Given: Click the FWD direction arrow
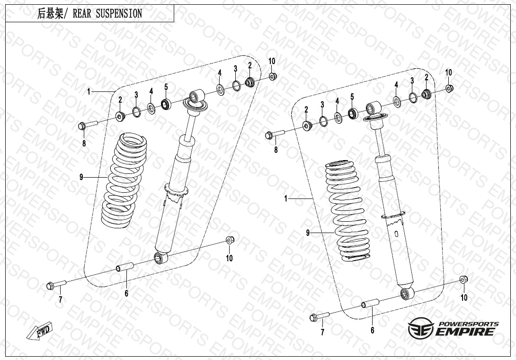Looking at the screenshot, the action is pos(39,330).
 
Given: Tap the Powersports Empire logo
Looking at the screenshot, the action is pos(453,328).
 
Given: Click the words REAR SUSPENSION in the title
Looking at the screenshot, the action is pos(107,14).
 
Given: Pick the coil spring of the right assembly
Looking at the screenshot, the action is pos(347,210).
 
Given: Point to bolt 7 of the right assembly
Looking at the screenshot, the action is pos(320,316).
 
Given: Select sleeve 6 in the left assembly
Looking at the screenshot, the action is pos(125,267).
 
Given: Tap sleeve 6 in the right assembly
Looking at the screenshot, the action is pos(371,303).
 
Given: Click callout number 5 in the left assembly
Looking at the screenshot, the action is pos(166,87).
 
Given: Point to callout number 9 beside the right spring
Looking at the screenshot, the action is pos(308,233).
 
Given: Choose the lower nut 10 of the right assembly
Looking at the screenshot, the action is pos(463,280).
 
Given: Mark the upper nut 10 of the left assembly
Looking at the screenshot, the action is pos(273,76).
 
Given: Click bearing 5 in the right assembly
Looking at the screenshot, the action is pos(353,113).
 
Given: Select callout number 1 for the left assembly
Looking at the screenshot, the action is pos(89,91).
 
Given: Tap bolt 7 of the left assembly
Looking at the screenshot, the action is pos(56,284).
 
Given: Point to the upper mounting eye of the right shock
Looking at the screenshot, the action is pos(374,108).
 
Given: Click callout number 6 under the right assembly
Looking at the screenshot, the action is pos(372,330).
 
